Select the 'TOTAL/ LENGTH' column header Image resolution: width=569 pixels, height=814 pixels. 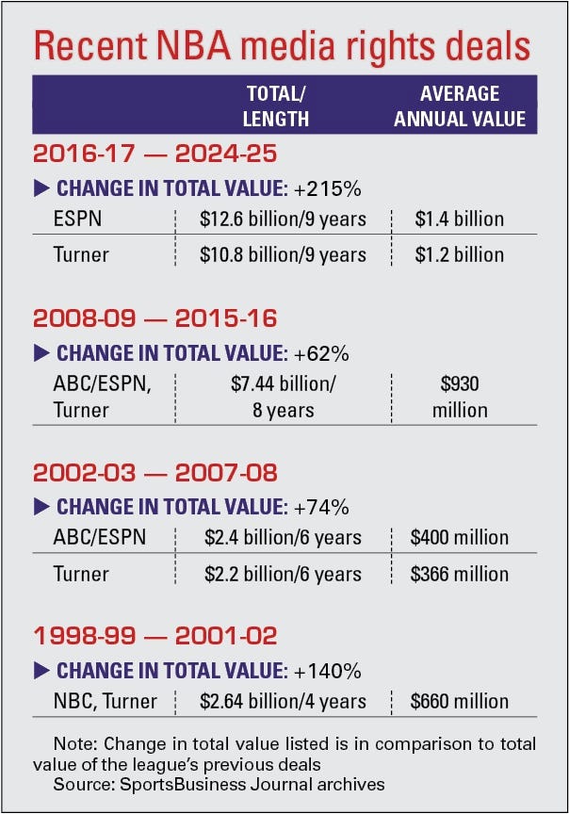pyautogui.click(x=277, y=106)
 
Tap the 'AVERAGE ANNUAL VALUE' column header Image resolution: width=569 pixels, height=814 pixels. pyautogui.click(x=460, y=106)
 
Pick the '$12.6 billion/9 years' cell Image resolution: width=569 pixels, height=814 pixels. pyautogui.click(x=283, y=220)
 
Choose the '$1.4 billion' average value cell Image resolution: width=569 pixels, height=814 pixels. pyautogui.click(x=460, y=220)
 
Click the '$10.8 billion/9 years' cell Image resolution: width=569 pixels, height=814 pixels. pyautogui.click(x=283, y=254)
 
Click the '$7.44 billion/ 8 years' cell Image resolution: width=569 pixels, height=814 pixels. pyautogui.click(x=283, y=397)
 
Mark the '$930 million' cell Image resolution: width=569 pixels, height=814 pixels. pyautogui.click(x=460, y=397)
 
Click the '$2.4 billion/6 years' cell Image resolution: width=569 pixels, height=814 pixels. pyautogui.click(x=283, y=538)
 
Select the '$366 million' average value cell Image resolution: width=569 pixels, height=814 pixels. pyautogui.click(x=460, y=573)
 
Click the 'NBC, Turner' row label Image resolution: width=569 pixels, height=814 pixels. pyautogui.click(x=104, y=702)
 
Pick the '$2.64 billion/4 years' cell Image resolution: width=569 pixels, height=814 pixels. pyautogui.click(x=283, y=702)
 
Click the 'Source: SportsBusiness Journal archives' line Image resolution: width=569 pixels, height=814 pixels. pyautogui.click(x=219, y=784)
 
